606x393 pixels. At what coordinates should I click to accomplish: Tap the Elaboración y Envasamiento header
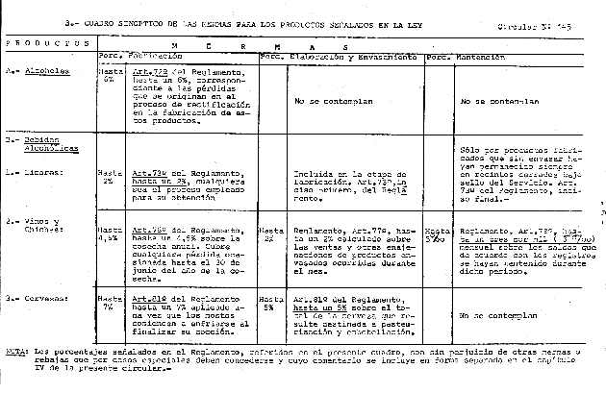(353, 58)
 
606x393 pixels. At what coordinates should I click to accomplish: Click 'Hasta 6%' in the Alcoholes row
(108, 74)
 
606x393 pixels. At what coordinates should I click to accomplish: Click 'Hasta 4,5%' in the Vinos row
(109, 235)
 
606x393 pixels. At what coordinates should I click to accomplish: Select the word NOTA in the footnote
(13, 352)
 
